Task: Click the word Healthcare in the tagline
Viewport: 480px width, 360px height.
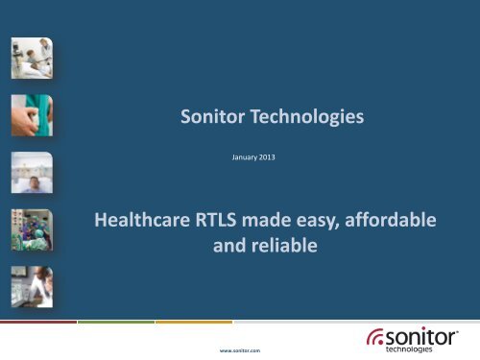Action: (x=143, y=221)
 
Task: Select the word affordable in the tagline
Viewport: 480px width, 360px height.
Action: (x=390, y=221)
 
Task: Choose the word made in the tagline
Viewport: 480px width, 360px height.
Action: (x=272, y=221)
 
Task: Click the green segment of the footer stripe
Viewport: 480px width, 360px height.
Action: (x=115, y=323)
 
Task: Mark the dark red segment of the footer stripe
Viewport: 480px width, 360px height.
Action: (x=37, y=323)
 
